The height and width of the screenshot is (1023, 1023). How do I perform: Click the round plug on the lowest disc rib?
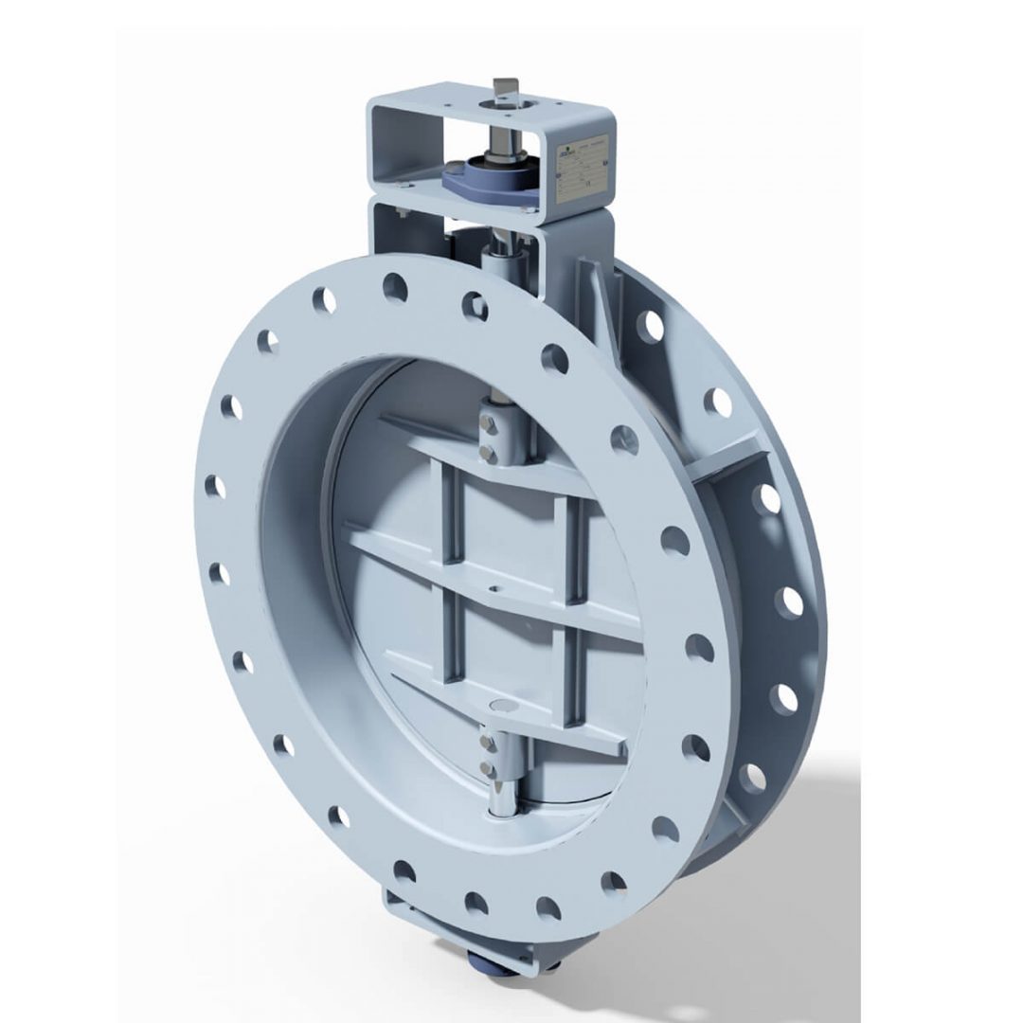tap(500, 706)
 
